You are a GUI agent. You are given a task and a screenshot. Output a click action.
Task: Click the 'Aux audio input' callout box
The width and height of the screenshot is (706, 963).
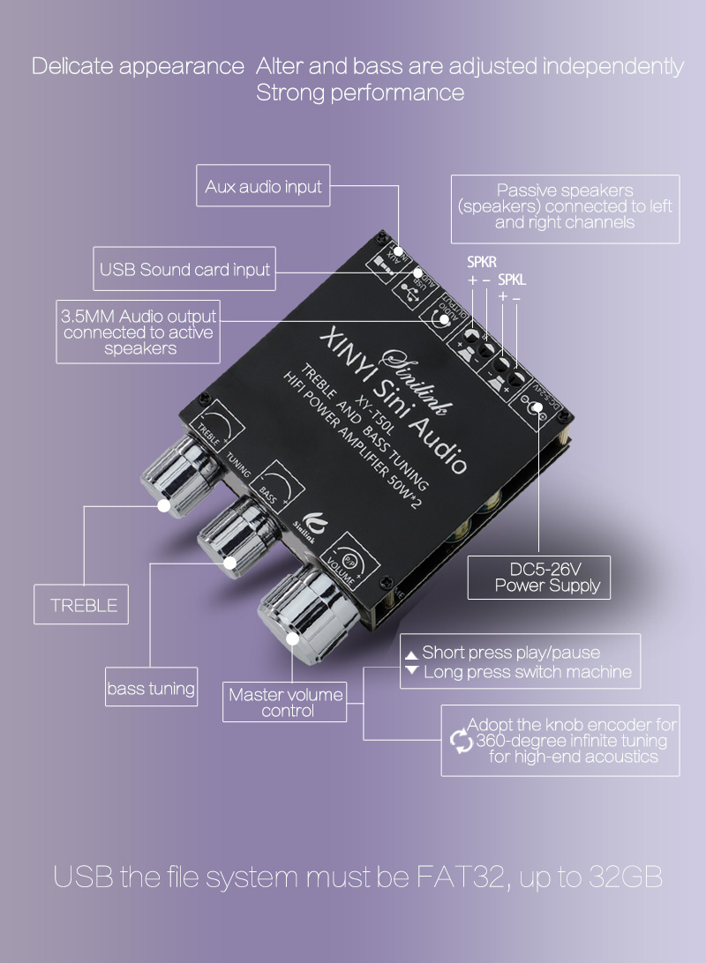263,187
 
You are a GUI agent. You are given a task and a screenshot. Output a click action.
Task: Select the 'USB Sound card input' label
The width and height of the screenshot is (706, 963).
184,269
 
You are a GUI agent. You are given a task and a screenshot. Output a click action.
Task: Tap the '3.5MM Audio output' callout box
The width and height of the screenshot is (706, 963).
138,332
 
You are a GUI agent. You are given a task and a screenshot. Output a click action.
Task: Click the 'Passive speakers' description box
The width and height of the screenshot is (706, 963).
565,206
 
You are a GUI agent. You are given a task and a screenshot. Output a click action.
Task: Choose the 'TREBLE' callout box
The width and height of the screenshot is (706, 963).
83,605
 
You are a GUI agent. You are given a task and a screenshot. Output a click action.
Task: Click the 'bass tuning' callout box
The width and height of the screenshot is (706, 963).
150,689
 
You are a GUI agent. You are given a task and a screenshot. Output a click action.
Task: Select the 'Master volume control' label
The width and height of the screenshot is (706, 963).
285,702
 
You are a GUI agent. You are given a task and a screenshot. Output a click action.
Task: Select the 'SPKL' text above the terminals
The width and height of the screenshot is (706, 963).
512,280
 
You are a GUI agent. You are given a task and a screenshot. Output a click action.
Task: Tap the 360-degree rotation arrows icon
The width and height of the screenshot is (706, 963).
462,741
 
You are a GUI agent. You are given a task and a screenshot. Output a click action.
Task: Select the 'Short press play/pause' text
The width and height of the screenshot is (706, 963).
510,653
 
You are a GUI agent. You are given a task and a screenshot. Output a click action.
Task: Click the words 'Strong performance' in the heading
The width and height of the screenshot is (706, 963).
360,93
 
